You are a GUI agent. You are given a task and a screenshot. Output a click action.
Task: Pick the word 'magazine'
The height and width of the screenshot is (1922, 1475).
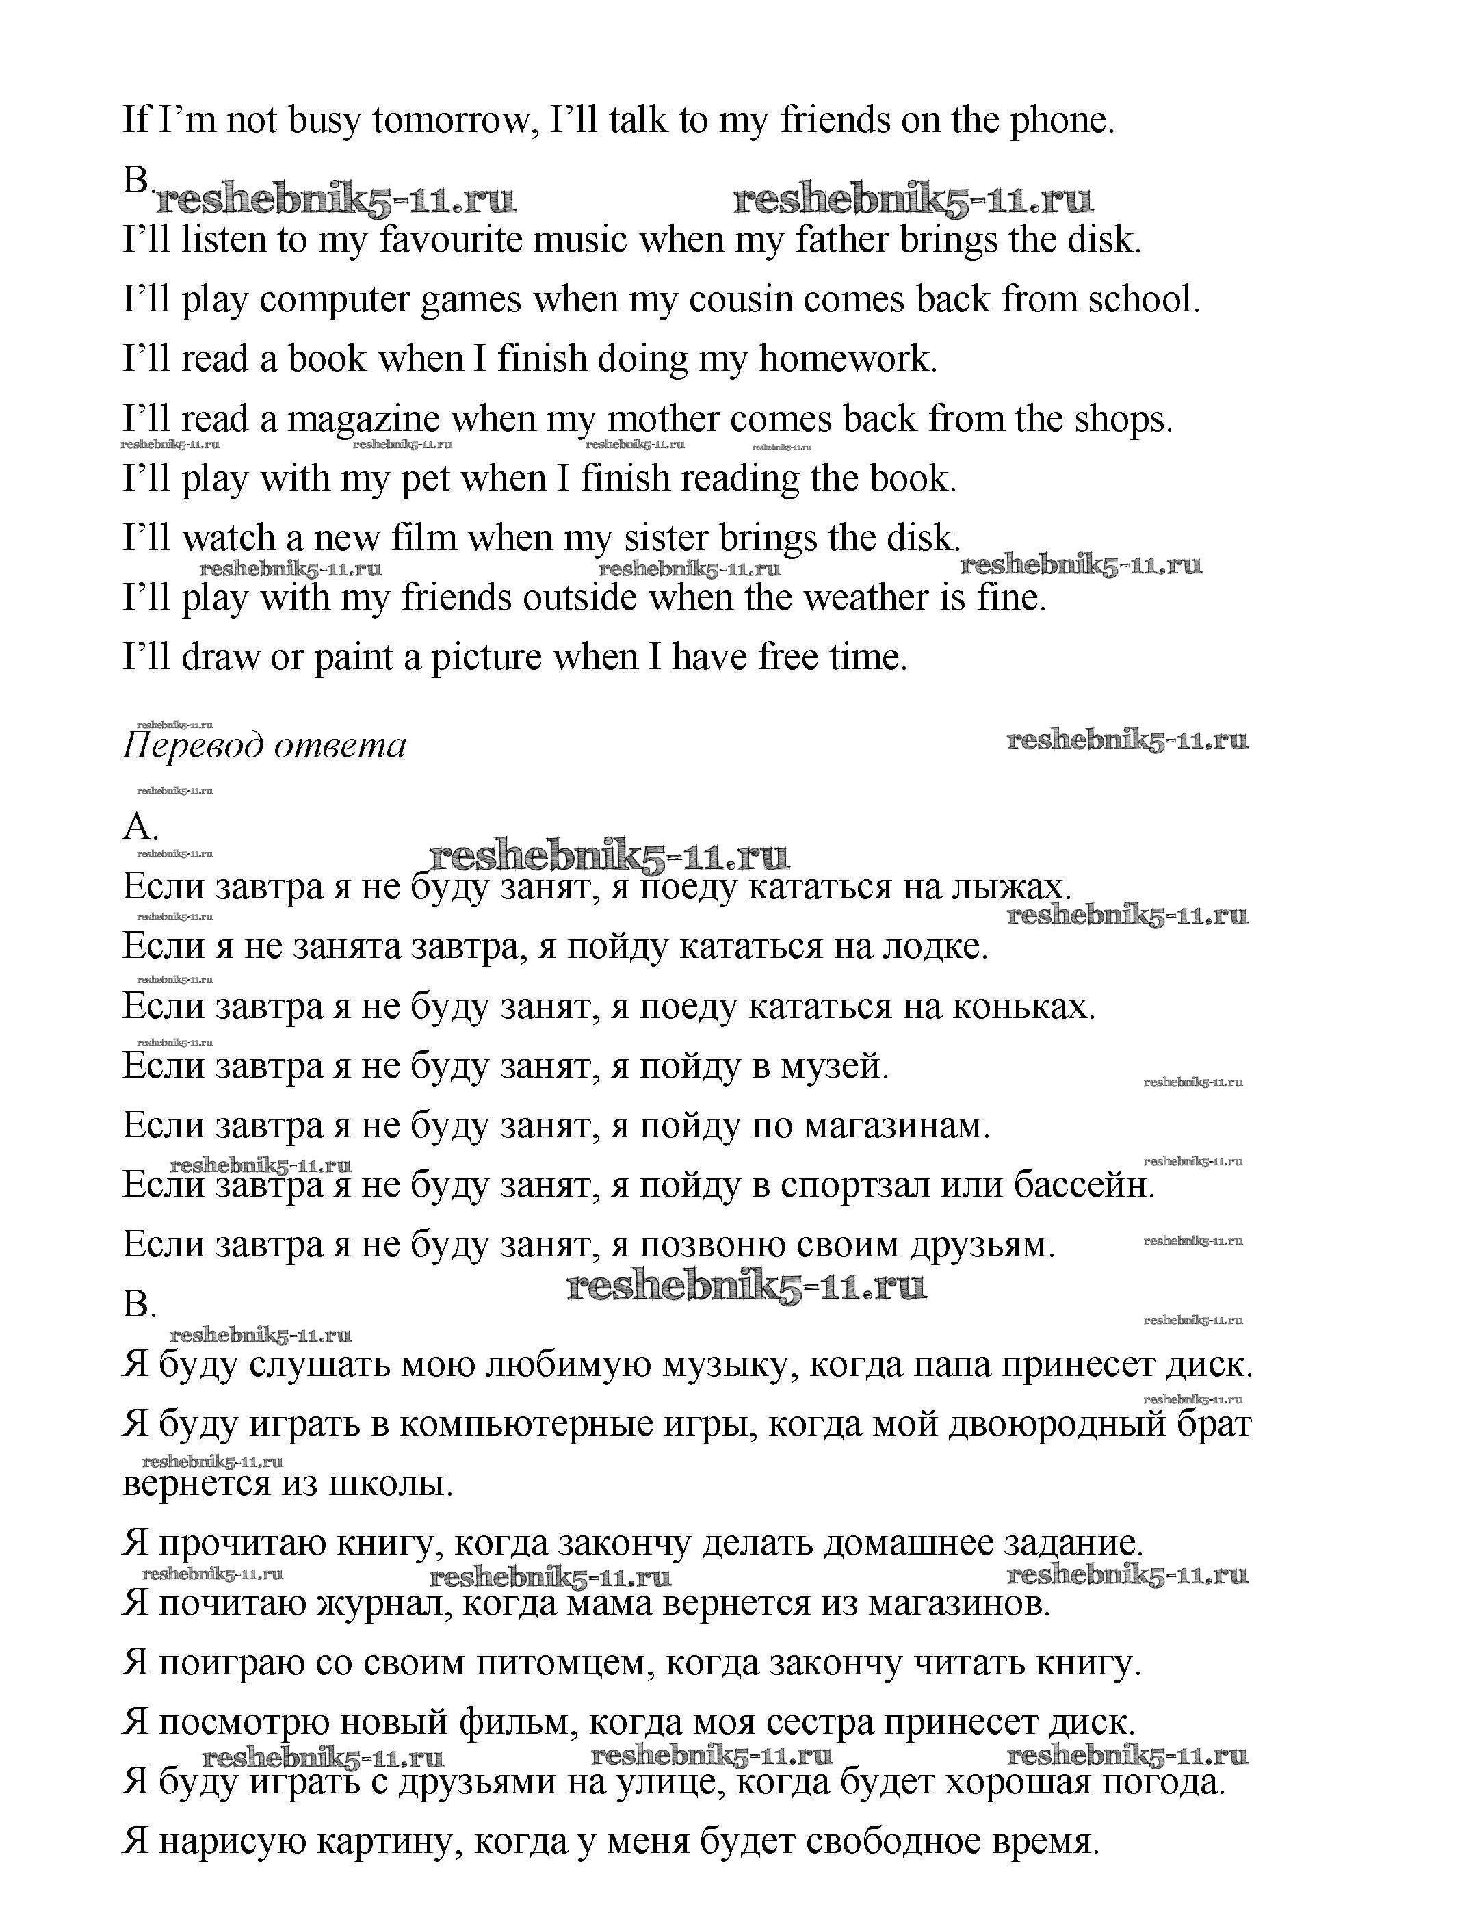point(363,419)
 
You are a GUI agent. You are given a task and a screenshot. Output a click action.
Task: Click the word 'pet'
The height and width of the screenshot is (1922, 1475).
point(425,480)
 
